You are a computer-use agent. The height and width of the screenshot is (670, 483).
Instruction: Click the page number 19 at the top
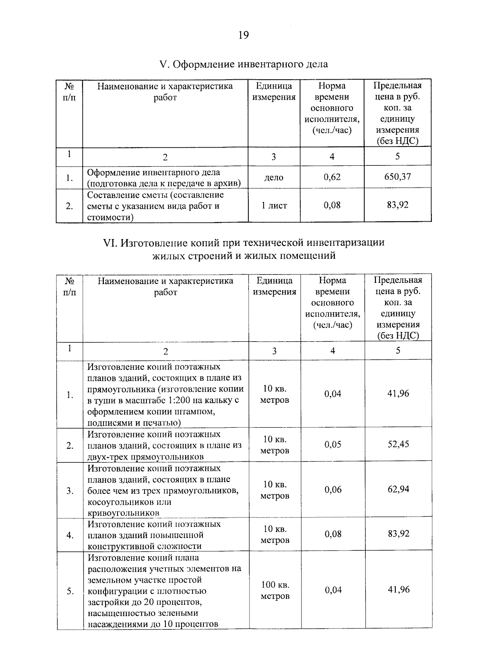(244, 35)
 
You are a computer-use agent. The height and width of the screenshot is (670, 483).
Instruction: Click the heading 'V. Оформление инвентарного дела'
(244, 64)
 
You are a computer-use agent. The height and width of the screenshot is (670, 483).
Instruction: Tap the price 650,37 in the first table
(397, 177)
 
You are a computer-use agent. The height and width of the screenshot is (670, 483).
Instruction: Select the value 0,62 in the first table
(332, 177)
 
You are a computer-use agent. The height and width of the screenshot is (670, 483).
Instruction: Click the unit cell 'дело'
(274, 177)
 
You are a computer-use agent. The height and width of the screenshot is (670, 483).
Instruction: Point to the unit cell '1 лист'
(274, 206)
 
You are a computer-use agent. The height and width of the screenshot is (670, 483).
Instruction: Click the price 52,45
(398, 444)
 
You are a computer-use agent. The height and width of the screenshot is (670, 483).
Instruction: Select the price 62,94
(398, 489)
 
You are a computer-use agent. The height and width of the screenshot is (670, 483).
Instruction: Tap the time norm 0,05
(333, 445)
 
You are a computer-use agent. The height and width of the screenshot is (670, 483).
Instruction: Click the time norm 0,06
(333, 490)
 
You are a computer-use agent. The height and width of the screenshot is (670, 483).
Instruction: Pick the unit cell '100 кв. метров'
(275, 590)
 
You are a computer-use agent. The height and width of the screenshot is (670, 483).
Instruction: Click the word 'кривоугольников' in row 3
(123, 513)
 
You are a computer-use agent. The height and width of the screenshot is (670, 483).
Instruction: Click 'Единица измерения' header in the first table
(274, 92)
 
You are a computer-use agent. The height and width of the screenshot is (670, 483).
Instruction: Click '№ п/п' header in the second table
(70, 286)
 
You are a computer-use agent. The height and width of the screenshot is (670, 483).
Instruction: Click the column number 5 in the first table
(397, 157)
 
